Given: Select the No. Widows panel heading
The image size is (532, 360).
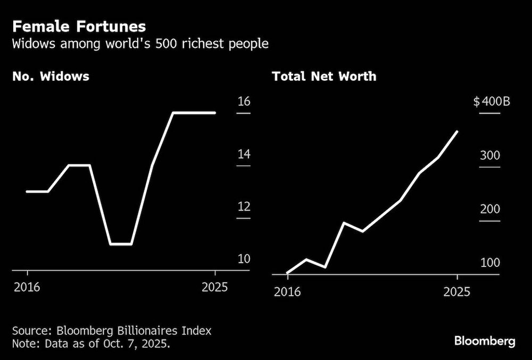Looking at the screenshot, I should click(51, 77).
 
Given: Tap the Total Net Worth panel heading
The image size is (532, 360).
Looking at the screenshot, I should click(324, 77).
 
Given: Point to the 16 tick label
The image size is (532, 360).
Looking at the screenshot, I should click(244, 102).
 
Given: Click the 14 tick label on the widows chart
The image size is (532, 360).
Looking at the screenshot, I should click(244, 155).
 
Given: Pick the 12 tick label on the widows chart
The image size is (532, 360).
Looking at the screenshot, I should click(244, 207).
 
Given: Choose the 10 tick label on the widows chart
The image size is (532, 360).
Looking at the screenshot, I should click(244, 259).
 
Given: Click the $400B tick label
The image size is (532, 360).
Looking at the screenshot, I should click(492, 102).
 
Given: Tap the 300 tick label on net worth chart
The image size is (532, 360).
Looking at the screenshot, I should click(490, 156).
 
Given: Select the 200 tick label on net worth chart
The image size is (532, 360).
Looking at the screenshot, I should click(490, 209).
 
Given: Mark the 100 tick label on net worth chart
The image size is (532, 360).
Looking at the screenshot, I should click(490, 263).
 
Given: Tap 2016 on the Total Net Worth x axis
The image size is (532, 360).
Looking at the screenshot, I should click(287, 291).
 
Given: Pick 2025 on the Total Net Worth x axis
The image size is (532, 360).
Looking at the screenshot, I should click(457, 291).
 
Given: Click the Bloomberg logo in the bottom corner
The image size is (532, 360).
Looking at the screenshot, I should click(484, 341).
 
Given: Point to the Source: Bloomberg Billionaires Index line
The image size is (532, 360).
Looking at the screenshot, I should click(112, 331).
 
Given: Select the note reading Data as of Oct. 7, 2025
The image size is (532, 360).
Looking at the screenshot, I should click(92, 344).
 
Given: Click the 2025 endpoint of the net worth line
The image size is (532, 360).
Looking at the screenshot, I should click(457, 131).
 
